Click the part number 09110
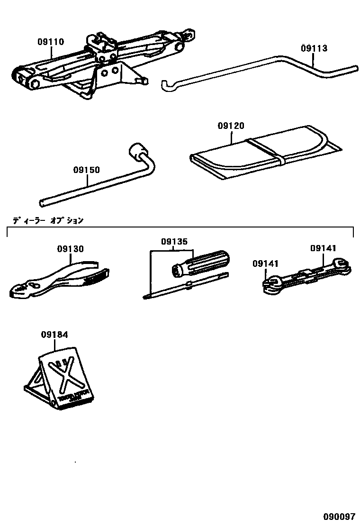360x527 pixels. tap(51, 42)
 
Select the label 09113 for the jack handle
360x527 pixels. tap(314, 48)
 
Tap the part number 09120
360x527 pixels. tap(231, 126)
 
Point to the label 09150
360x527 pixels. tap(87, 170)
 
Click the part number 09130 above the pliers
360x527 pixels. tap(71, 249)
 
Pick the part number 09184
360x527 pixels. tap(54, 335)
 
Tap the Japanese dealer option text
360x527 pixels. tap(47, 220)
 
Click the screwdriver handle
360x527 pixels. tap(201, 264)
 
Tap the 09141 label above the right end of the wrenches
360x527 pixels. tap(324, 248)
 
